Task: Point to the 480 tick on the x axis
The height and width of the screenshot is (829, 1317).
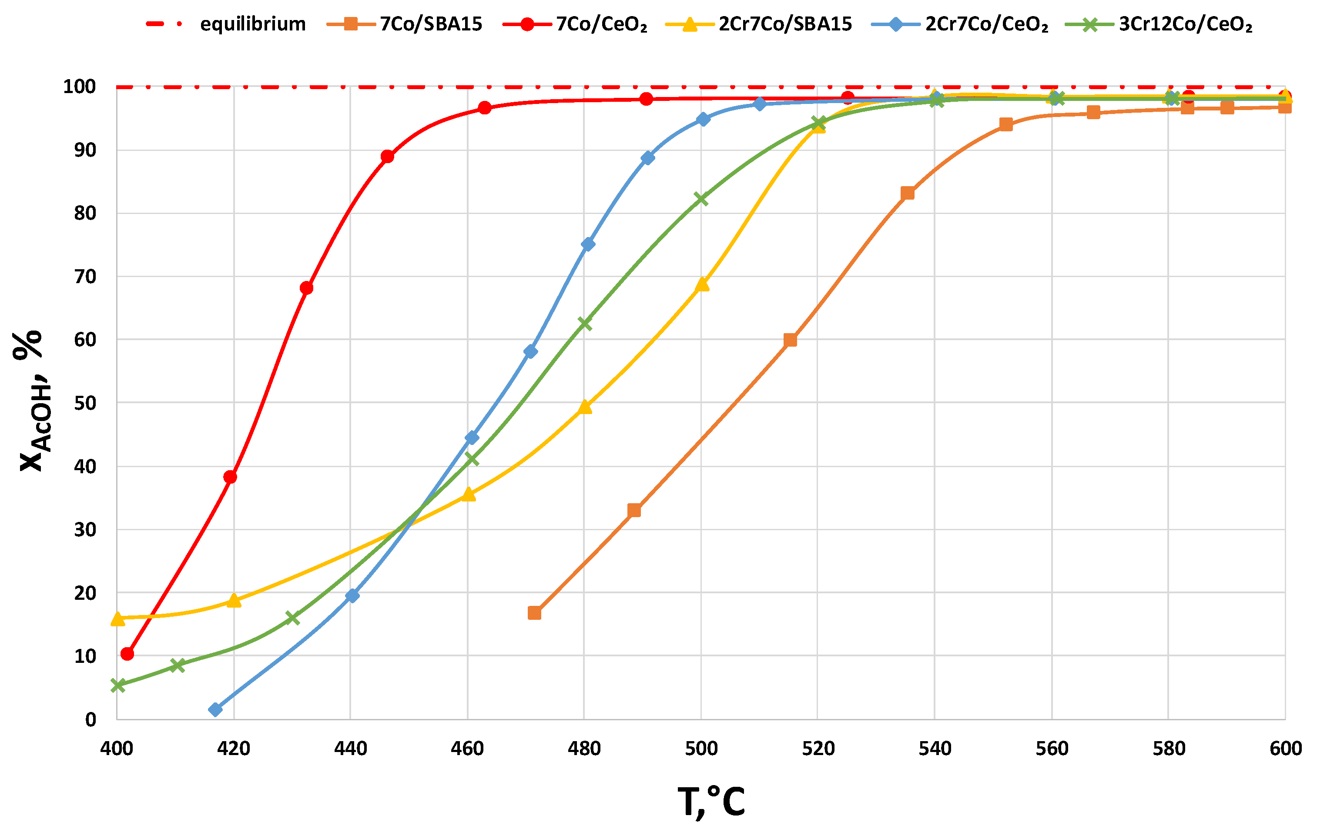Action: click(x=584, y=748)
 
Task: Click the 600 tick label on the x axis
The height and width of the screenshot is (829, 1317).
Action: click(x=1285, y=748)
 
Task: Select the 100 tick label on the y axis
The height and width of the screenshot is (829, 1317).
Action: click(x=80, y=87)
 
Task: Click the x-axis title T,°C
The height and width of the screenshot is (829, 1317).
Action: click(x=711, y=802)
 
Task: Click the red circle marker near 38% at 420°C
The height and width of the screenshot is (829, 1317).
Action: click(x=230, y=477)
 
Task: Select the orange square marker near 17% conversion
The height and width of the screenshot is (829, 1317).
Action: click(x=534, y=613)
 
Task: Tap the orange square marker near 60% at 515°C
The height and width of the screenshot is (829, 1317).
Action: click(x=790, y=340)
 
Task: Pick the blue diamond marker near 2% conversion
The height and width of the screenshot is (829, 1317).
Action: click(x=215, y=710)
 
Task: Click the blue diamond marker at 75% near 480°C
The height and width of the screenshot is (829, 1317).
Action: click(x=588, y=244)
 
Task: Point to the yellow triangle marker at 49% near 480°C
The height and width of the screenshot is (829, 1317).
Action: click(x=585, y=407)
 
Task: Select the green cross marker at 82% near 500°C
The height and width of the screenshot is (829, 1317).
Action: click(x=701, y=200)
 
